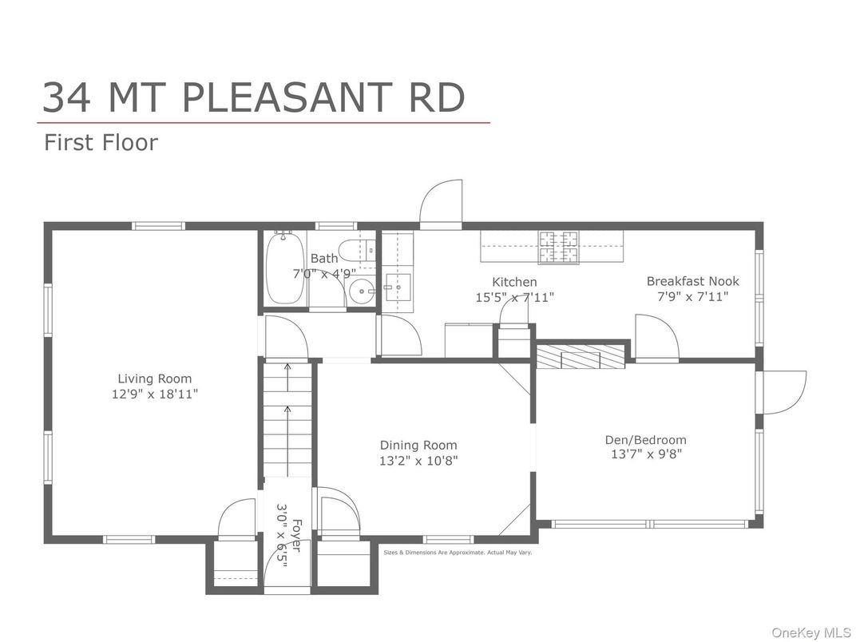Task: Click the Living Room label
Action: pyautogui.click(x=155, y=378)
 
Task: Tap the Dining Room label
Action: pyautogui.click(x=418, y=446)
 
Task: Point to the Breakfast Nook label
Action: pyautogui.click(x=692, y=281)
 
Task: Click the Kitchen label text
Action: pyautogui.click(x=514, y=282)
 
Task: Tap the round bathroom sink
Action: pyautogui.click(x=364, y=291)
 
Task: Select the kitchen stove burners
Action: pyautogui.click(x=558, y=247)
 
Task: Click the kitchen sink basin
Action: pyautogui.click(x=397, y=285)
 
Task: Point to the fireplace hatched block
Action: pyautogui.click(x=581, y=357)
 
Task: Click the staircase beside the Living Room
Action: pyautogui.click(x=287, y=419)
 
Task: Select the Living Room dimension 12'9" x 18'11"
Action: pyautogui.click(x=155, y=394)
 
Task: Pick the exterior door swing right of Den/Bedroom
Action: pyautogui.click(x=785, y=392)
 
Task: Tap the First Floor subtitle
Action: pyautogui.click(x=101, y=143)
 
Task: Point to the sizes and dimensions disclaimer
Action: pyautogui.click(x=458, y=552)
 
